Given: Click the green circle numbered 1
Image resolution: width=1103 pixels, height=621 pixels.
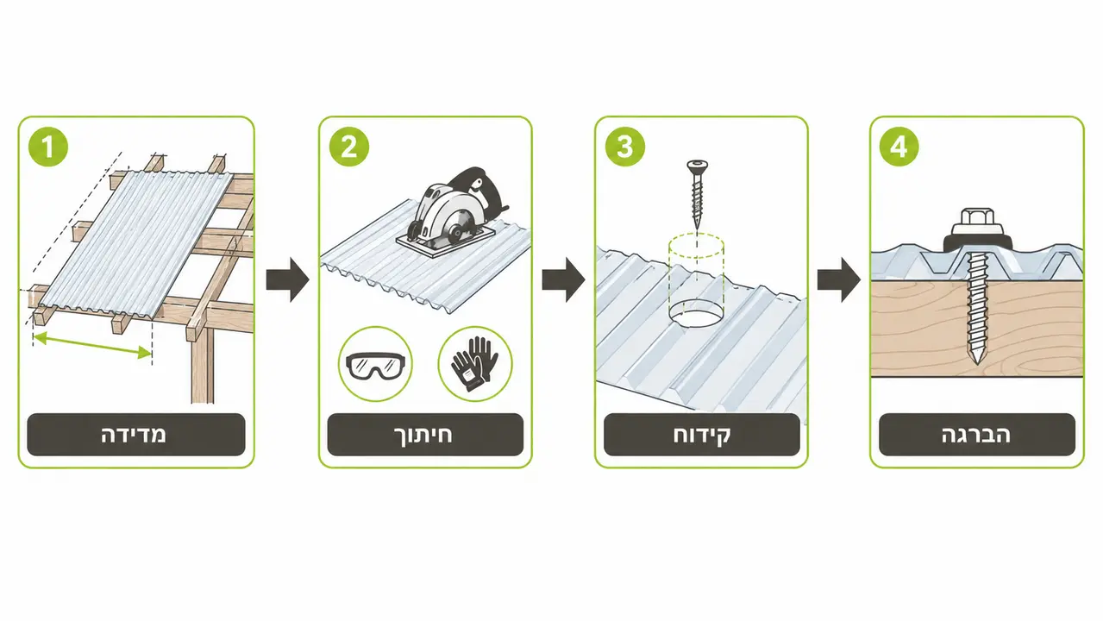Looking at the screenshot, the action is [48, 147].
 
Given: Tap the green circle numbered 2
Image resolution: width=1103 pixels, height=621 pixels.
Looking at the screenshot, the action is [348, 147].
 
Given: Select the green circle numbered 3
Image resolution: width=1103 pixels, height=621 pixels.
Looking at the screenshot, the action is [624, 147].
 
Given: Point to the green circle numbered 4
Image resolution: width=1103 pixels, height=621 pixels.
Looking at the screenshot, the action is [899, 147].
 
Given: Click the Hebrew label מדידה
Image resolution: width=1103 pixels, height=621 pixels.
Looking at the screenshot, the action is [134, 436].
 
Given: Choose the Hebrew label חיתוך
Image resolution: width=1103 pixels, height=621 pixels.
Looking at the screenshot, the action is [423, 436].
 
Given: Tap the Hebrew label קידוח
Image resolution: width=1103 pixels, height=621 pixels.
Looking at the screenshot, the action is [702, 436].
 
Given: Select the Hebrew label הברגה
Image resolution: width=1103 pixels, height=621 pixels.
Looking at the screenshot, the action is [976, 436].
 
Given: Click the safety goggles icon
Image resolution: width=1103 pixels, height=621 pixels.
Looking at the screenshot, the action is [376, 366].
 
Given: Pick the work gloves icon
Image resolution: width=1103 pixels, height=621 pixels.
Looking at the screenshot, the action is [474, 363].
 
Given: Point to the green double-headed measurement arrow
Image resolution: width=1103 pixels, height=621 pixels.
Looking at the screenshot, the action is [92, 345].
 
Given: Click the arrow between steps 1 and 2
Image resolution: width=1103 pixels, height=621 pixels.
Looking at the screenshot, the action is [287, 279].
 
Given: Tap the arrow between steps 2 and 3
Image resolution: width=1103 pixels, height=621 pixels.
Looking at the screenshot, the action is [563, 279].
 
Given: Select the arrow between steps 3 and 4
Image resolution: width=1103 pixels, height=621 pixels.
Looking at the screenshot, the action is [838, 279].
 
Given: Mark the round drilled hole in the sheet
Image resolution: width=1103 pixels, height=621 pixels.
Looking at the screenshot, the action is [696, 317].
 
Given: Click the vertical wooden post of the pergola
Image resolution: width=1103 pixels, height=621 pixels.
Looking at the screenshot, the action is [203, 365].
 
